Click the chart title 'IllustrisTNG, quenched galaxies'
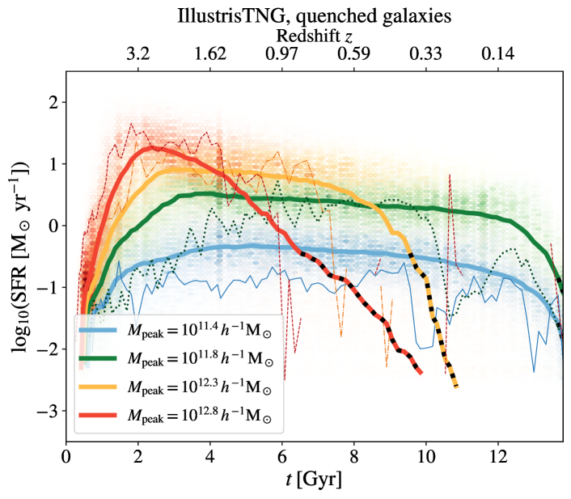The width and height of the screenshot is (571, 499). pos(315,15)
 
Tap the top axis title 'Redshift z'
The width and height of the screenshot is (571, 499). pos(315,36)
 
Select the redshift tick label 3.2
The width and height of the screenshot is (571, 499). pos(138,55)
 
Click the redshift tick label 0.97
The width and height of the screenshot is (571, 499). pos(282,55)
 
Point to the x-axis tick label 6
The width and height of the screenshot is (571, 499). pos(282,455)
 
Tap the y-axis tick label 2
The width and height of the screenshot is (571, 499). pos(52,103)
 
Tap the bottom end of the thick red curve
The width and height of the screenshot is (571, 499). pos(421,373)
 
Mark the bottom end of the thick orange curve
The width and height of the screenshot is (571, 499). pos(456,387)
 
